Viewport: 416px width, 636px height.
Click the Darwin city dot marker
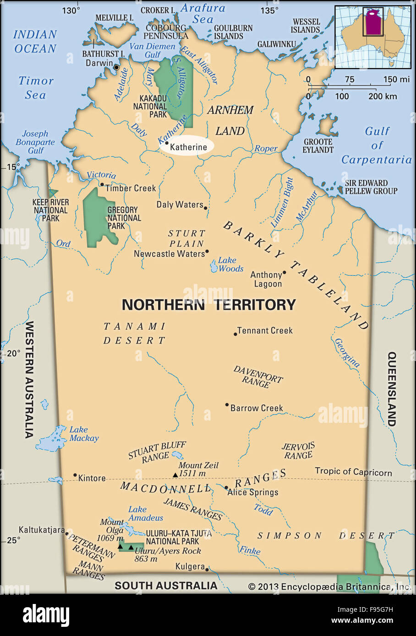(x=116, y=67)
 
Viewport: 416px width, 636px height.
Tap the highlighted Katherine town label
(x=188, y=147)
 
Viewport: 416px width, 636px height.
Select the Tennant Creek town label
(x=265, y=330)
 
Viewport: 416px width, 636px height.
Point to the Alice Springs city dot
(x=226, y=488)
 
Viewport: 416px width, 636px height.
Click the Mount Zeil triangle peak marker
(x=175, y=475)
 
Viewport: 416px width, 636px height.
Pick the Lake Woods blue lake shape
(x=214, y=266)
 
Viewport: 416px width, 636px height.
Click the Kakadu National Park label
(x=150, y=106)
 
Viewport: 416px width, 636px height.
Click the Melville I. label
(x=115, y=17)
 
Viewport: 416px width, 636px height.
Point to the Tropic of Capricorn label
(x=353, y=472)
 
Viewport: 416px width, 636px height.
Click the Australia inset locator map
(x=372, y=37)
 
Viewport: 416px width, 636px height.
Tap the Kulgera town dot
(x=207, y=570)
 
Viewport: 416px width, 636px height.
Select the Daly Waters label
(x=180, y=205)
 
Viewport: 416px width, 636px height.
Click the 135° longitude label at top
(x=268, y=10)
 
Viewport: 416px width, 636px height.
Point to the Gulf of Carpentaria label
(x=377, y=146)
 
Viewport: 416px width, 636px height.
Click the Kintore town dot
(x=75, y=475)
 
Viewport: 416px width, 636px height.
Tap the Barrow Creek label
(x=257, y=408)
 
